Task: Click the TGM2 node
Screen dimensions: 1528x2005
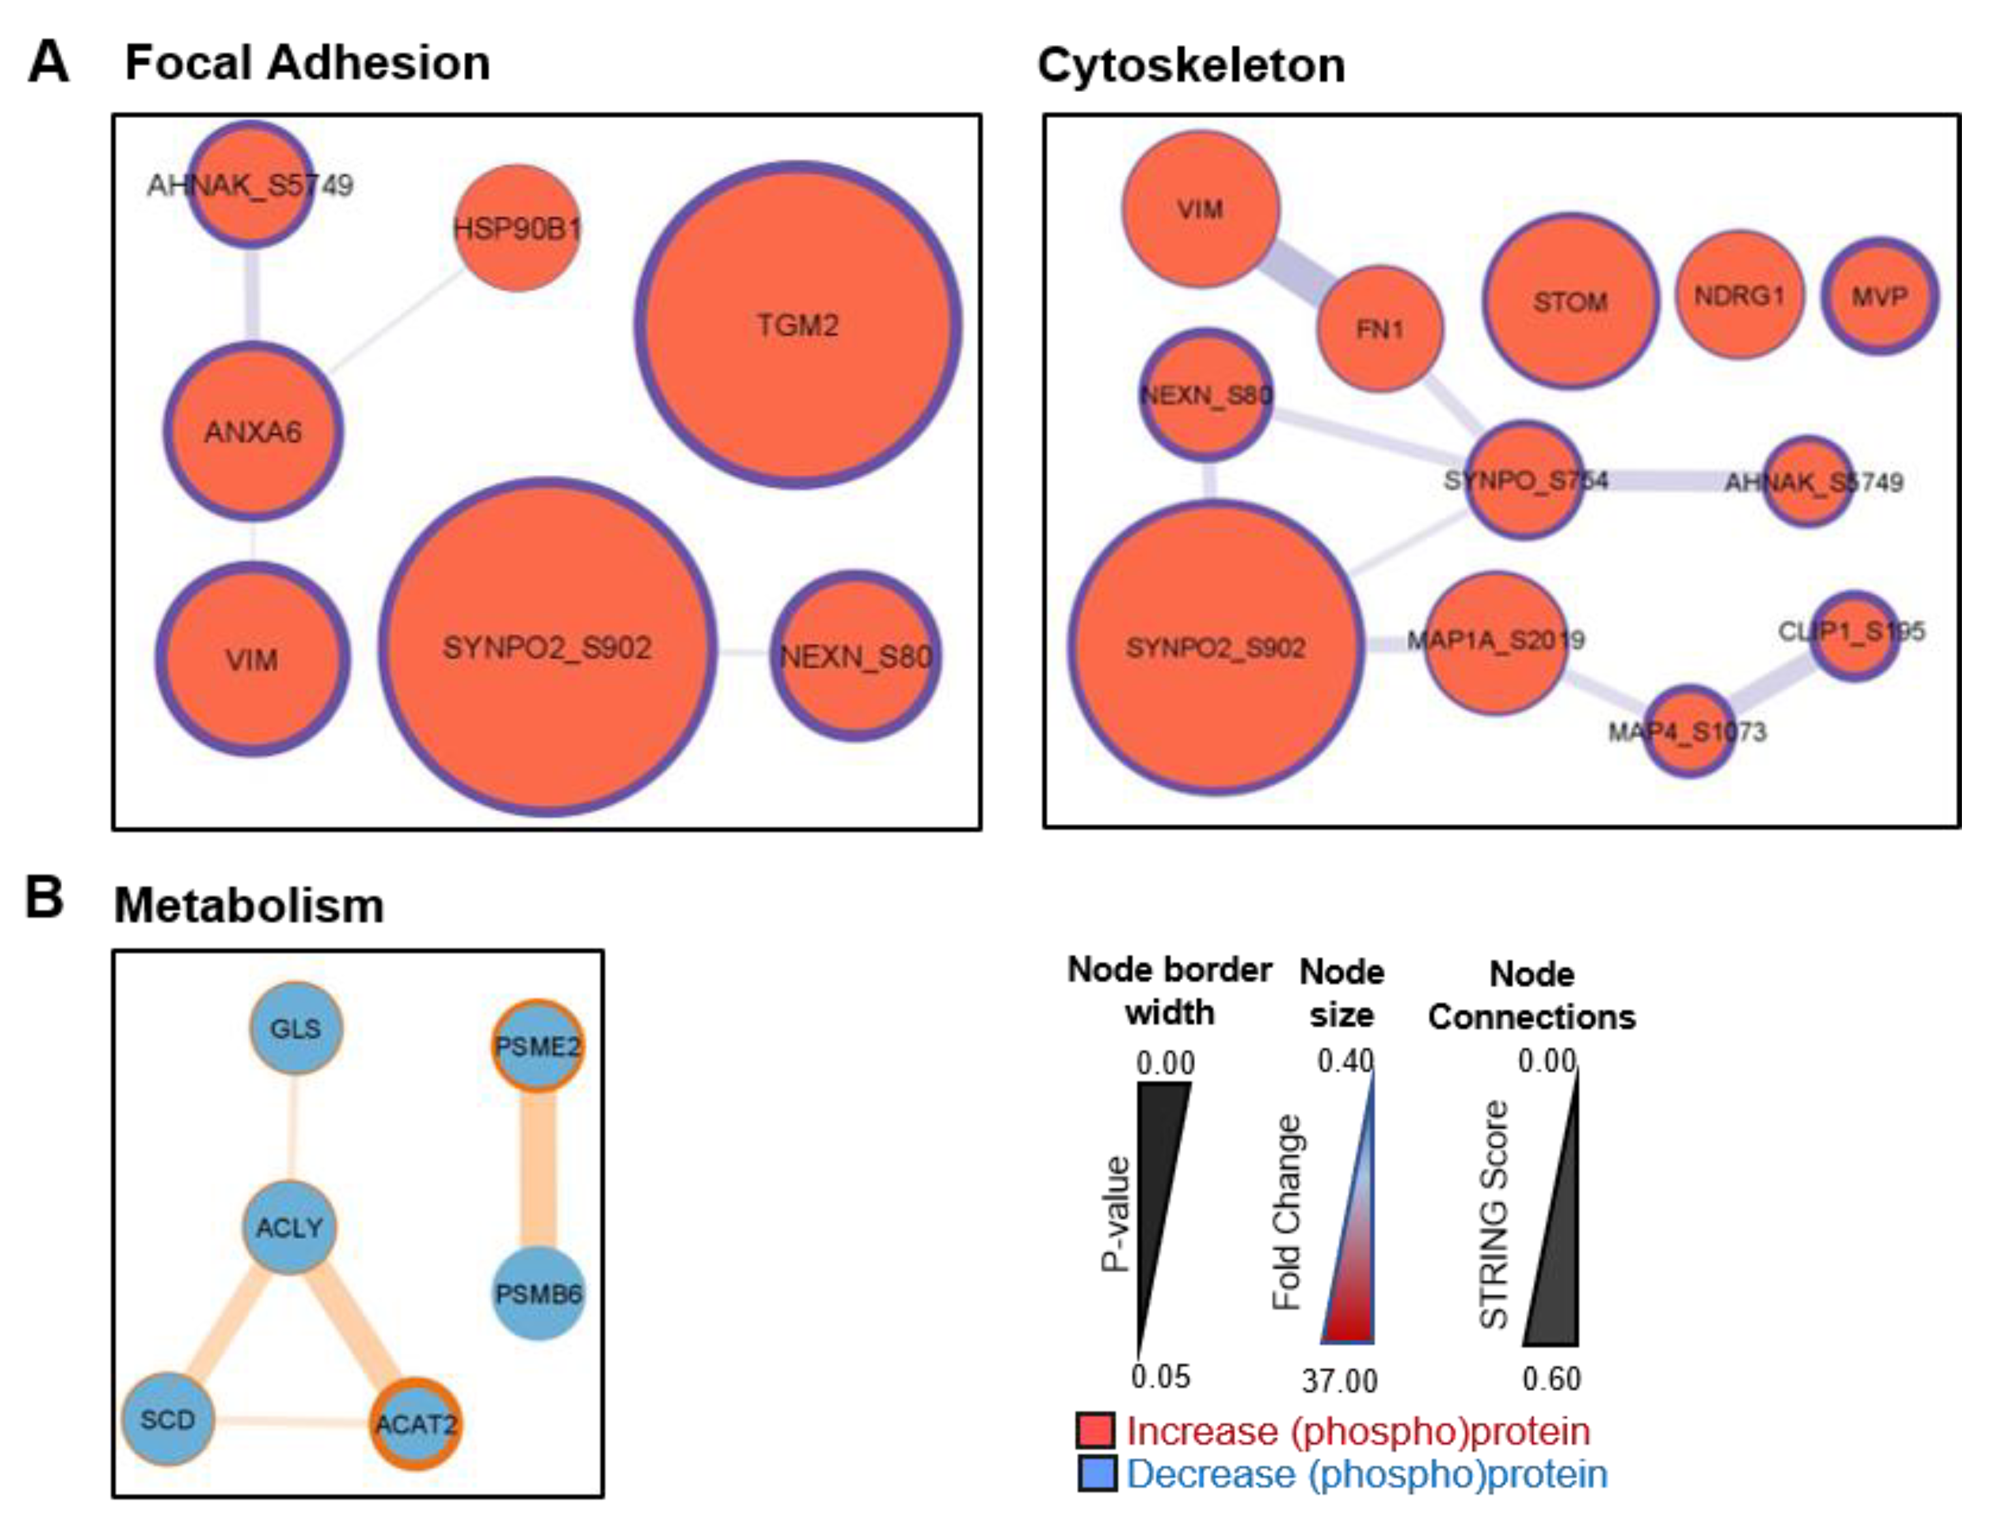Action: (797, 325)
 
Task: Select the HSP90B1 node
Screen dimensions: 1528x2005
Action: (517, 228)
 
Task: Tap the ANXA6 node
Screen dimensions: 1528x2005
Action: (253, 431)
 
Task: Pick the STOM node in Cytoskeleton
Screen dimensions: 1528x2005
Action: (1570, 301)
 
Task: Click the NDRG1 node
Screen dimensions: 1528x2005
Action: (1739, 296)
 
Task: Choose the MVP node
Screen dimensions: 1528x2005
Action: (1880, 296)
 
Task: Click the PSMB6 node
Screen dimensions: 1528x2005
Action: (538, 1293)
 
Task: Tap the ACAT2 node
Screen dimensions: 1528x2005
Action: (416, 1424)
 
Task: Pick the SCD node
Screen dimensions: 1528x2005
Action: (168, 1419)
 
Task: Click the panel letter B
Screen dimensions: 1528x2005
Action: (44, 898)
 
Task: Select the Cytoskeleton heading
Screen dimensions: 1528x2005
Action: (1191, 65)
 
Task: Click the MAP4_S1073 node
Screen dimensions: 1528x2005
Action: (1688, 731)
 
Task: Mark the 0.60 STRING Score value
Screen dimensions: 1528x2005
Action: (1551, 1379)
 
